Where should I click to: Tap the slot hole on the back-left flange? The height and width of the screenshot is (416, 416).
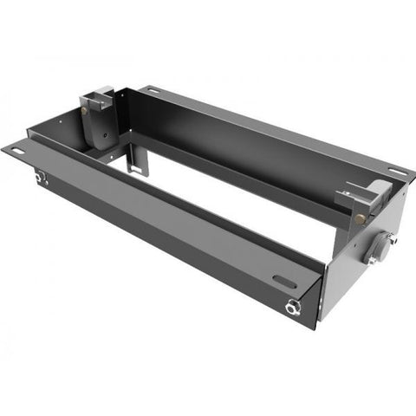tap(153, 90)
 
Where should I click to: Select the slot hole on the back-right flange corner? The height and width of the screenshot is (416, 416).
tap(396, 172)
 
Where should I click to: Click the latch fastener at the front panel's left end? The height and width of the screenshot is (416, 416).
tap(40, 179)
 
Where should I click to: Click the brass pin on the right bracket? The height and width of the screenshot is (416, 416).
tap(358, 217)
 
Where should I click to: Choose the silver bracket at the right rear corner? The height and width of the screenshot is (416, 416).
tap(368, 195)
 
